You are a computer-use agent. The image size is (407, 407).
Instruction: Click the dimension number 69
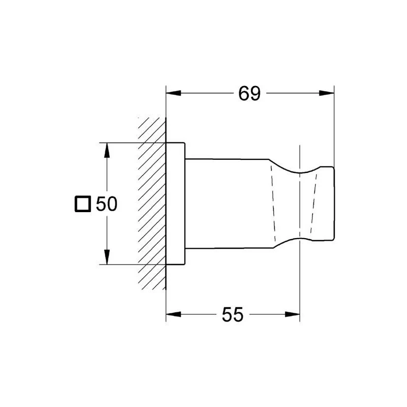point(249,94)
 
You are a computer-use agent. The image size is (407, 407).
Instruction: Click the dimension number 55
point(232,314)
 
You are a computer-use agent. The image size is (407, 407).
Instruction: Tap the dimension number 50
point(107,204)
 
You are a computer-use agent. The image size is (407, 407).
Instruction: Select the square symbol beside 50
point(83,204)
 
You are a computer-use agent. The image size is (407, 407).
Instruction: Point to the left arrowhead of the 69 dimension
point(173,93)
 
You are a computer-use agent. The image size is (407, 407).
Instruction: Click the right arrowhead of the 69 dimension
point(327,93)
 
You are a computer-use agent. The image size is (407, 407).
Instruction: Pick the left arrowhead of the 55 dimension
point(173,314)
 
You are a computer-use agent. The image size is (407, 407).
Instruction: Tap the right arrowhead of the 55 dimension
point(292,314)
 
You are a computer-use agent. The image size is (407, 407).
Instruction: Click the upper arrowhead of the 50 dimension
point(107,150)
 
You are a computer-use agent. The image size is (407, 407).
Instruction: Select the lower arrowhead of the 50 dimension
point(107,257)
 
